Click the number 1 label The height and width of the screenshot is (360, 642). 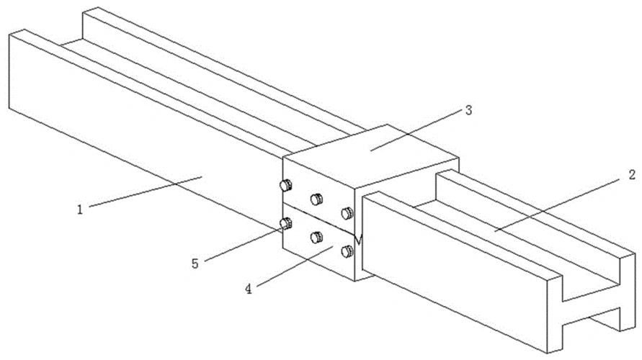(x=80, y=210)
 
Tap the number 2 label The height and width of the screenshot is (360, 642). (x=632, y=175)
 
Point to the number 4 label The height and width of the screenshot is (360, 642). (x=249, y=289)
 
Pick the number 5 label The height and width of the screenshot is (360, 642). (x=195, y=264)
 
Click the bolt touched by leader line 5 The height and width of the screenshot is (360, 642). (x=286, y=224)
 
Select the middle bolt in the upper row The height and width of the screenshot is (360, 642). (x=316, y=199)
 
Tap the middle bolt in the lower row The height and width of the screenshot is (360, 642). (x=316, y=238)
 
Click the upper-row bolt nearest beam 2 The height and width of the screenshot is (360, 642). (x=347, y=213)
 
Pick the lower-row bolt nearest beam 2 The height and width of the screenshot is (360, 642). (x=347, y=251)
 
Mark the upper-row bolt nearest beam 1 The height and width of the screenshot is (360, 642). (x=286, y=185)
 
